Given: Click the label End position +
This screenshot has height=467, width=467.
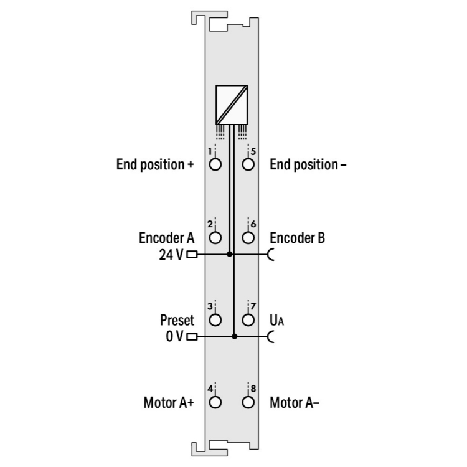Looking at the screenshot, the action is tap(155, 165).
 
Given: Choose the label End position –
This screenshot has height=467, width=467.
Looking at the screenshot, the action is tap(308, 165).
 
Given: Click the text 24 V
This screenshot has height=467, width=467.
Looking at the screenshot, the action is tap(171, 255).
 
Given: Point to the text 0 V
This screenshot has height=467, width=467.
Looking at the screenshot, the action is tap(174, 336).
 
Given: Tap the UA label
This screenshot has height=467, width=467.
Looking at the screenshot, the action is tap(276, 321).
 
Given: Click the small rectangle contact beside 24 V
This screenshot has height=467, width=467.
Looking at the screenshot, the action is tap(192, 254).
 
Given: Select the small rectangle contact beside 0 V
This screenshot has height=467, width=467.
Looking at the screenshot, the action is tap(192, 336).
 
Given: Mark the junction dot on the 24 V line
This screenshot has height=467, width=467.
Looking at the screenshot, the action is tap(229, 254).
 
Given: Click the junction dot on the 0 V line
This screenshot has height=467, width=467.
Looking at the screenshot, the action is tap(234, 336).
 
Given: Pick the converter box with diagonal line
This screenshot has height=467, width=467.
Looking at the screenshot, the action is tap(232, 105).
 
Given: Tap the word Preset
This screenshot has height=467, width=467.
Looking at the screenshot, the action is tap(177, 320).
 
